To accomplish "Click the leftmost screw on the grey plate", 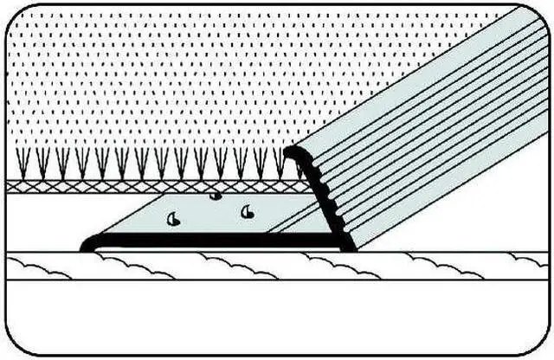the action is pyautogui.click(x=173, y=221).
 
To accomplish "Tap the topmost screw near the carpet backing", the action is pyautogui.click(x=216, y=196).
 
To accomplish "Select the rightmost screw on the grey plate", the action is pyautogui.click(x=248, y=211).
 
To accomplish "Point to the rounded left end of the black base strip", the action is pyautogui.click(x=87, y=245).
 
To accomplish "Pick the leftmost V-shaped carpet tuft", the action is pyautogui.click(x=23, y=161).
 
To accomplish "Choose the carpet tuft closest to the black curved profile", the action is pyautogui.click(x=279, y=161).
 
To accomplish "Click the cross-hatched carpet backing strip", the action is pyautogui.click(x=130, y=186).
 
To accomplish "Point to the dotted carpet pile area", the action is pyautogui.click(x=173, y=78).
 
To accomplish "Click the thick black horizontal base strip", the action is pyautogui.click(x=216, y=243).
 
